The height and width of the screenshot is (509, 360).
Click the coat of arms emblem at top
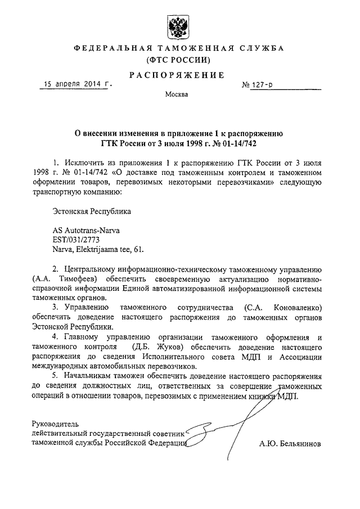(x=179, y=25)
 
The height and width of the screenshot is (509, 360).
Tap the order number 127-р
(x=263, y=87)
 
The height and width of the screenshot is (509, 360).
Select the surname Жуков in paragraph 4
(x=168, y=346)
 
